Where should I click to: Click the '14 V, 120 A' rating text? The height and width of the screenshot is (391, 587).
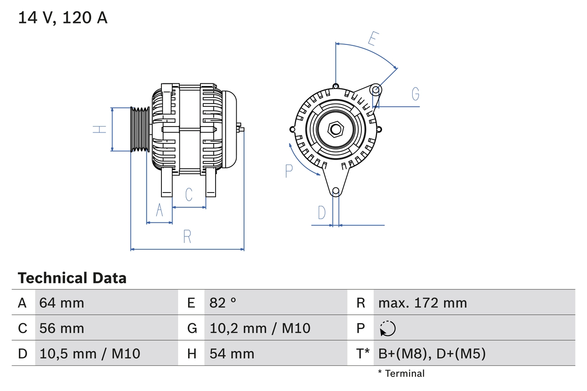63,18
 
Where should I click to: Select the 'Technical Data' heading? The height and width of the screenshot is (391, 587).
72,278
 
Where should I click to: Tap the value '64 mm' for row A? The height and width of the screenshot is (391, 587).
62,303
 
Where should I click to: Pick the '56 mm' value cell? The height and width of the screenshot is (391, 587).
62,328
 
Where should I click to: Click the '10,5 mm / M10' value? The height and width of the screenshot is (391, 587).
90,353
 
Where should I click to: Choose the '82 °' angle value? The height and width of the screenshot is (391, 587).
223,303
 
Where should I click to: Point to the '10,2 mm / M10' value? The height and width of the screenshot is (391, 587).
260,328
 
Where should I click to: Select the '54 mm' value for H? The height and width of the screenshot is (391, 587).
232,353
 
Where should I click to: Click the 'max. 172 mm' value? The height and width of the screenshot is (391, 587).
422,303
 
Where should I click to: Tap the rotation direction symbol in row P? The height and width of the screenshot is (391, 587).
388,329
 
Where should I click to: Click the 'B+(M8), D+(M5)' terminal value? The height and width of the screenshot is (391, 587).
432,353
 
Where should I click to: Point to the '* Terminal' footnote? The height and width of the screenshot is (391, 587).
401,374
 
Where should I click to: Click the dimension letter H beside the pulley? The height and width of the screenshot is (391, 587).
100,129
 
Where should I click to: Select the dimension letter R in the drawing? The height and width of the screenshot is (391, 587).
187,237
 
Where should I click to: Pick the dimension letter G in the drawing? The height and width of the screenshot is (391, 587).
415,94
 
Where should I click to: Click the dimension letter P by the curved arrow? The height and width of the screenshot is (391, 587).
288,171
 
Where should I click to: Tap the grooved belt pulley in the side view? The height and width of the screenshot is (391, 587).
140,129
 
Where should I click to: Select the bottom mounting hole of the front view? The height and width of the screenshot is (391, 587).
336,191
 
